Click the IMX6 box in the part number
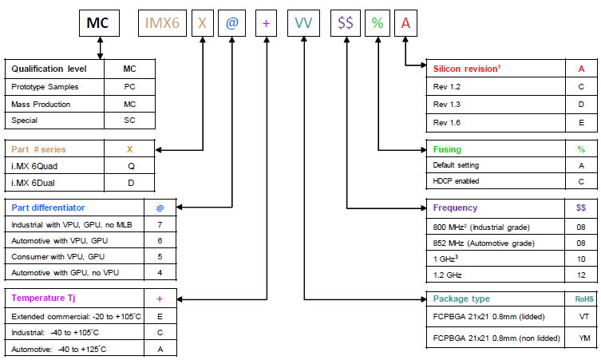tap(162, 24)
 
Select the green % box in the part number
tap(378, 24)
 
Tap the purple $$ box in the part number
tap(346, 24)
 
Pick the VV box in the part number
tap(304, 24)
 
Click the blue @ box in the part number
tap(232, 24)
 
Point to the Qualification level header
tap(49, 69)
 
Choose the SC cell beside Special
tap(129, 121)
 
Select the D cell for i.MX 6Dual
tap(129, 184)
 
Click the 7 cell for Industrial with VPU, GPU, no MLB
tap(160, 225)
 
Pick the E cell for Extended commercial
tap(160, 316)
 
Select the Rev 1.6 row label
tap(446, 122)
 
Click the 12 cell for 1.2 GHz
tap(580, 275)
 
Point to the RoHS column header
tap(584, 299)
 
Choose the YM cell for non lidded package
tap(584, 338)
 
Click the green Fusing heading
tap(447, 148)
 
